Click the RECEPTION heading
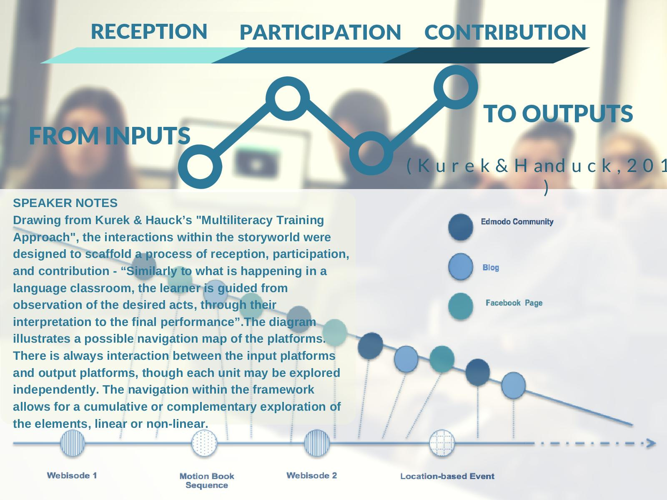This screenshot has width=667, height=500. point(149,31)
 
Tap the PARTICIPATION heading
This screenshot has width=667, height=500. point(320,33)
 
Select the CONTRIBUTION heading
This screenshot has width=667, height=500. point(505,33)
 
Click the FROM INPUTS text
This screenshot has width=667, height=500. point(110,136)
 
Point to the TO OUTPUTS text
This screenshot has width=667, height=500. point(558,114)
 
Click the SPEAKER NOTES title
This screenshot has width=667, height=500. point(65,203)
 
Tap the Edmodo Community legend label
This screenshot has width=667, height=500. point(517,222)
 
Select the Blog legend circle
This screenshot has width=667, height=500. point(461,267)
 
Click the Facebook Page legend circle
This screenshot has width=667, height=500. point(461,306)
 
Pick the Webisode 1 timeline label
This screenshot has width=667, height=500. point(72,475)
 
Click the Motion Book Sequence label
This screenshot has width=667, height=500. point(207,480)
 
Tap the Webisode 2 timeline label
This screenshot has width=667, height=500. point(312,475)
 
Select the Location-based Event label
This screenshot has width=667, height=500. point(447,476)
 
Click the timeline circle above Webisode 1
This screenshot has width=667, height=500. point(73,443)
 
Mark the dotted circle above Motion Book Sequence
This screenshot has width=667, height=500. point(204,443)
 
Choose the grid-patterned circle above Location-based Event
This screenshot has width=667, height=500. point(442,443)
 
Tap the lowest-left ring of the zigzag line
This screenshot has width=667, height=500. point(200,166)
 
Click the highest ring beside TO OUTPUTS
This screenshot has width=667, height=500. point(456,87)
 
